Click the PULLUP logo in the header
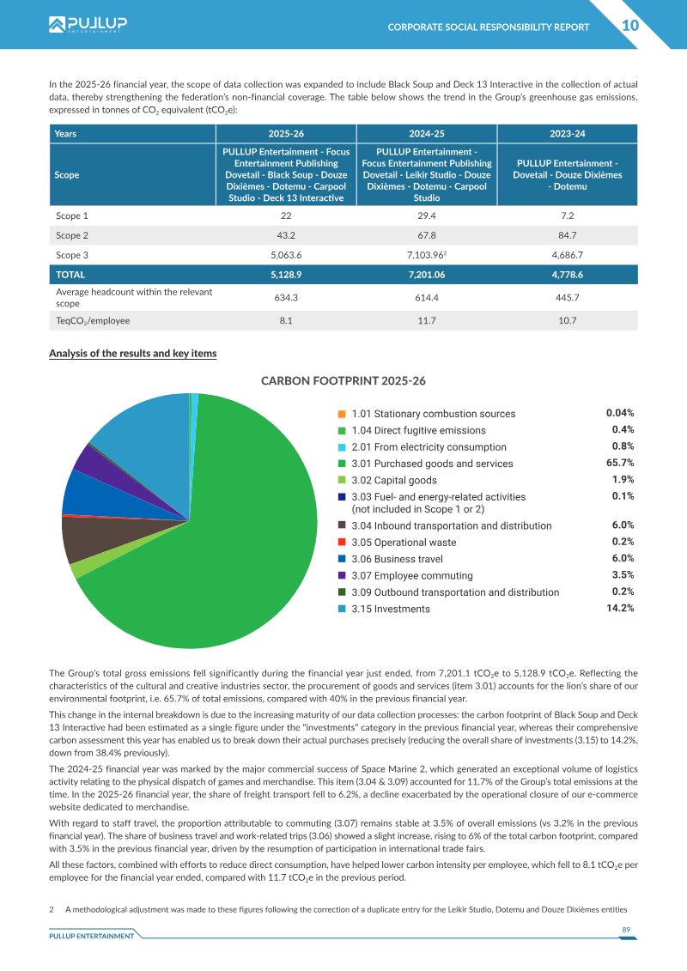click(88, 24)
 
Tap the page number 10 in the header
click(630, 26)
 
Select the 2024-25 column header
click(427, 134)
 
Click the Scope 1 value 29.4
click(427, 215)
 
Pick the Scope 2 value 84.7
click(568, 235)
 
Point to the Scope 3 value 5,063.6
click(286, 255)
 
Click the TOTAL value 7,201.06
click(427, 275)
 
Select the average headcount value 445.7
click(568, 297)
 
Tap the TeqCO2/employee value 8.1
click(286, 321)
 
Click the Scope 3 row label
click(72, 255)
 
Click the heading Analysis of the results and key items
click(132, 354)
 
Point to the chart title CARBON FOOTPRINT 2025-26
click(343, 381)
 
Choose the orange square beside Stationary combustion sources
click(342, 414)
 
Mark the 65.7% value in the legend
click(620, 464)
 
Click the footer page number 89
click(626, 930)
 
